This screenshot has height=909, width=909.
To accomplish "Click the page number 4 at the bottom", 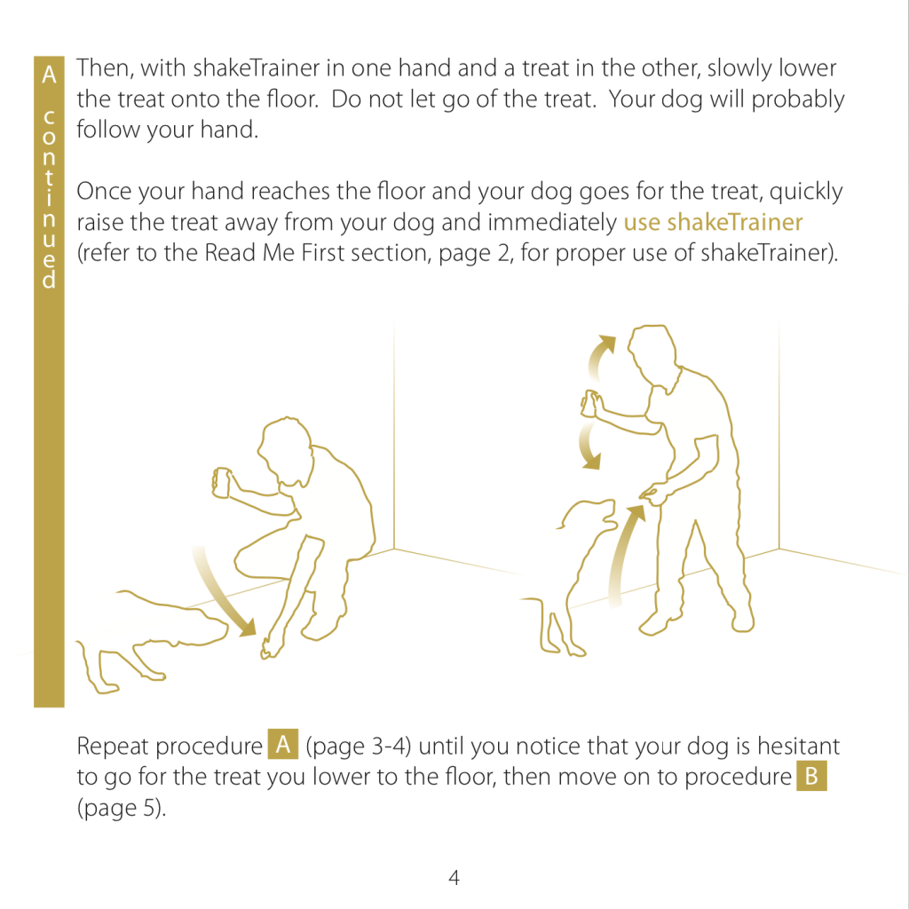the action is [x=454, y=877].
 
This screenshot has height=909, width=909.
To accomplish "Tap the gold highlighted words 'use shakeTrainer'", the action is [x=713, y=223].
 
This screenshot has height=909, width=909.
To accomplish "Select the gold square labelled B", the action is [x=811, y=776].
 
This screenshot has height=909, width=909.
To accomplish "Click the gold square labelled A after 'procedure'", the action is [x=283, y=745].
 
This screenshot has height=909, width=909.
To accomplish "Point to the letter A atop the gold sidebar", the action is [x=50, y=75].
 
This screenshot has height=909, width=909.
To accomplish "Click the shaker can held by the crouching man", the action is [x=222, y=482].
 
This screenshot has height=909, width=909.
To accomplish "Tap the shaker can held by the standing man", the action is [x=590, y=404].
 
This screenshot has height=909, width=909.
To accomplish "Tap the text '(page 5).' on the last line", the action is [x=122, y=808].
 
